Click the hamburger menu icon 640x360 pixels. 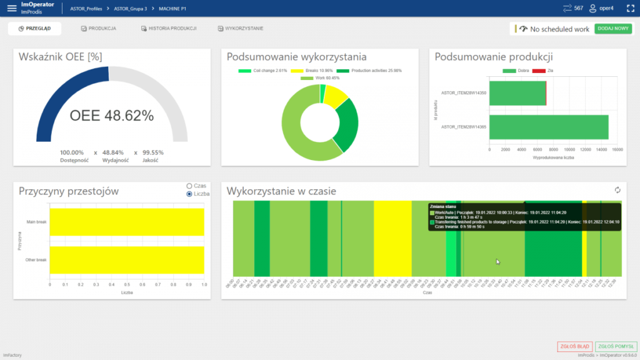click(x=12, y=8)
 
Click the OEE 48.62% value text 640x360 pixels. click(x=111, y=116)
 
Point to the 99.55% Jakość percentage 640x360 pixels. click(x=152, y=152)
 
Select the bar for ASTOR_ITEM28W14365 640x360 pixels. click(x=548, y=127)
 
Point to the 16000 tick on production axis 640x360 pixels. click(x=617, y=150)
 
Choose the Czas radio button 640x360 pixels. click(x=189, y=186)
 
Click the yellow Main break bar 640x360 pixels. click(x=127, y=222)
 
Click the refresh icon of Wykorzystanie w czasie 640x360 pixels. click(x=618, y=190)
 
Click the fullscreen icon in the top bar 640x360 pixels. click(x=630, y=8)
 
